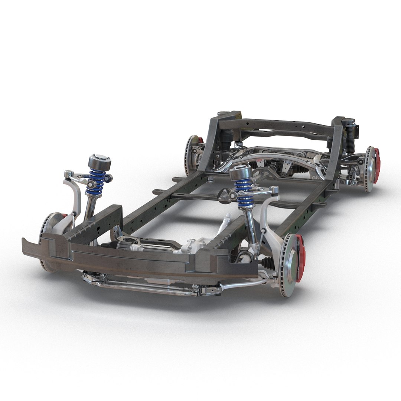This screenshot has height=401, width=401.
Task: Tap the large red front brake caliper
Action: tap(300, 253)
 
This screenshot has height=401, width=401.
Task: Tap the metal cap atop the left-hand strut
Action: tap(100, 162)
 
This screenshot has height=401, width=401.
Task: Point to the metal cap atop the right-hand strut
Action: tap(241, 172)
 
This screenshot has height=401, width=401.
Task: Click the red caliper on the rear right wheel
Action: tap(376, 165)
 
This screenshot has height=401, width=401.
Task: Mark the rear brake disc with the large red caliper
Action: tap(369, 169)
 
